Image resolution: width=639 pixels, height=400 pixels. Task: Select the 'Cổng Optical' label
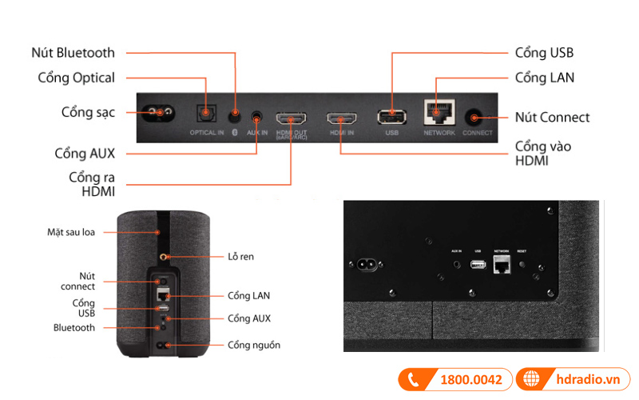pyautogui.click(x=76, y=78)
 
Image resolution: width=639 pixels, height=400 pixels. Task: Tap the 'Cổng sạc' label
pyautogui.click(x=88, y=112)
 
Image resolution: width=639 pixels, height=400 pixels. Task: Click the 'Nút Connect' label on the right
pyautogui.click(x=552, y=117)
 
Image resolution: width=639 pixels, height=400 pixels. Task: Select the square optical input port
pyautogui.click(x=206, y=115)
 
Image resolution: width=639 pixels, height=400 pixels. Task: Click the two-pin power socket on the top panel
pyautogui.click(x=159, y=112)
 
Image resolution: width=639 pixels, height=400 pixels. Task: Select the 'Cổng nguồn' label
pyautogui.click(x=253, y=345)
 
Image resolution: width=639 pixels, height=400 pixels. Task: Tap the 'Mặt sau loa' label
pyautogui.click(x=71, y=233)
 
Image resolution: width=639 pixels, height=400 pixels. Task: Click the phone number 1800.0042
pyautogui.click(x=470, y=379)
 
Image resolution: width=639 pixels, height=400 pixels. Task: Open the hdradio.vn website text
pyautogui.click(x=587, y=379)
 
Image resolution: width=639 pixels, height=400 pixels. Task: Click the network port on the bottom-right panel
pyautogui.click(x=502, y=265)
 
